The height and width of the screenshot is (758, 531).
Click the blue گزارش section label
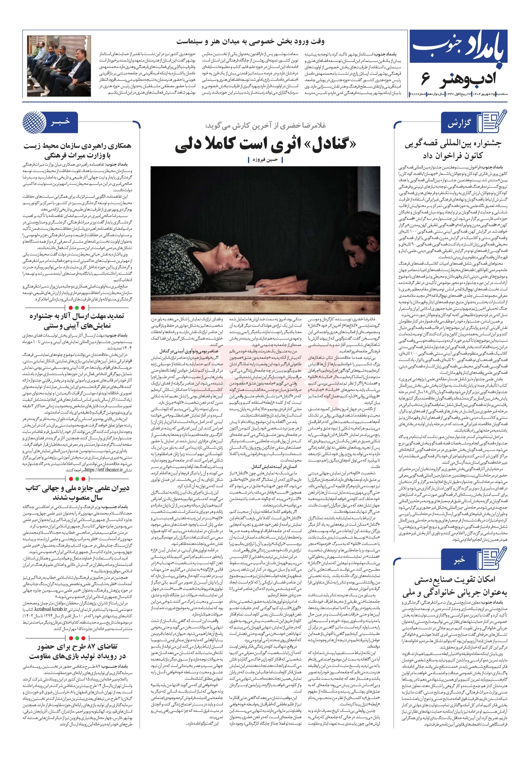(459, 124)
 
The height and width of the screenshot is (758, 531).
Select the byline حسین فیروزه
(265, 160)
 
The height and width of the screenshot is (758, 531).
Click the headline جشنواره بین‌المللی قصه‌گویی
(452, 143)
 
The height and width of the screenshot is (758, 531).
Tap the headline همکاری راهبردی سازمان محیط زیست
(77, 146)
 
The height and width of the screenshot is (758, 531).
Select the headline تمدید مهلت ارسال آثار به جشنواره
(77, 316)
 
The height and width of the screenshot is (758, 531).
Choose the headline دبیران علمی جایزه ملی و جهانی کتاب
(77, 488)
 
